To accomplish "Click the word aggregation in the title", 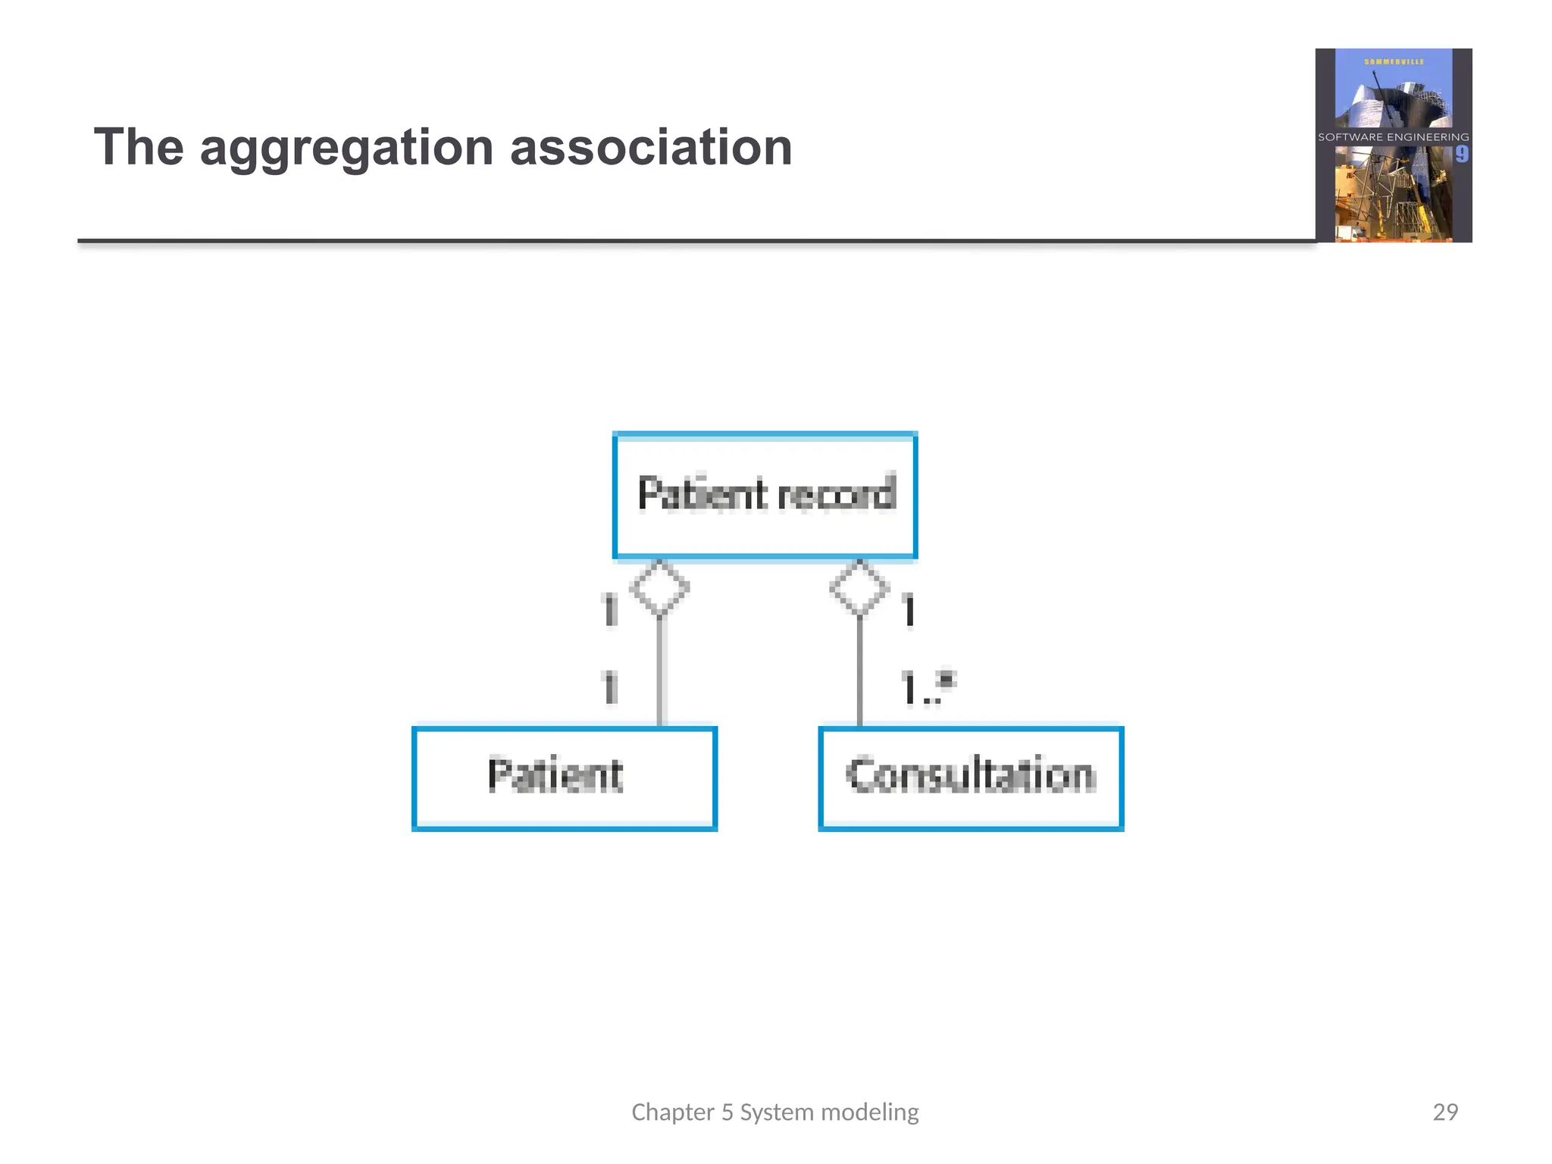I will (346, 148).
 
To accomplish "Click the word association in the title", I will (651, 147).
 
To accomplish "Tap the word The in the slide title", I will (139, 147).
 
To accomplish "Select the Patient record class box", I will (765, 496).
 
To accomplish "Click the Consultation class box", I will (971, 778).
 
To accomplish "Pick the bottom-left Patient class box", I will (565, 778).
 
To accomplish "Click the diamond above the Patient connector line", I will (659, 587).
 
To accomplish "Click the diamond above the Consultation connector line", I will (859, 587).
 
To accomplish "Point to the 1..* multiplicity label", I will (928, 687).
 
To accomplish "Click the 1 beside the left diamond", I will (610, 611).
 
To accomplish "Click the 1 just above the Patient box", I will (610, 687).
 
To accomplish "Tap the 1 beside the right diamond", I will (909, 611).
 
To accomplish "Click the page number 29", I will (1445, 1112).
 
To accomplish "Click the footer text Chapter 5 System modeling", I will (774, 1112).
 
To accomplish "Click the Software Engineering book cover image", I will (1393, 145).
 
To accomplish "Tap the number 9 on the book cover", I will (1461, 155).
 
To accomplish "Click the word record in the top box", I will (837, 494).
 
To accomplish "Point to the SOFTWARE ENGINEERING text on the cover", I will (1393, 137).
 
